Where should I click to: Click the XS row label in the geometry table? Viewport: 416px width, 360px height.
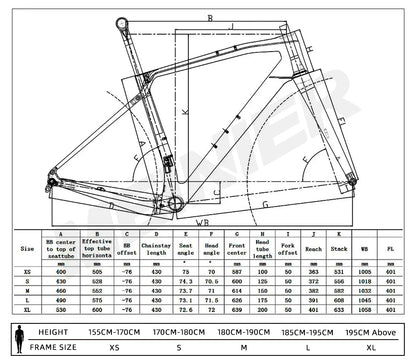(22, 271)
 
